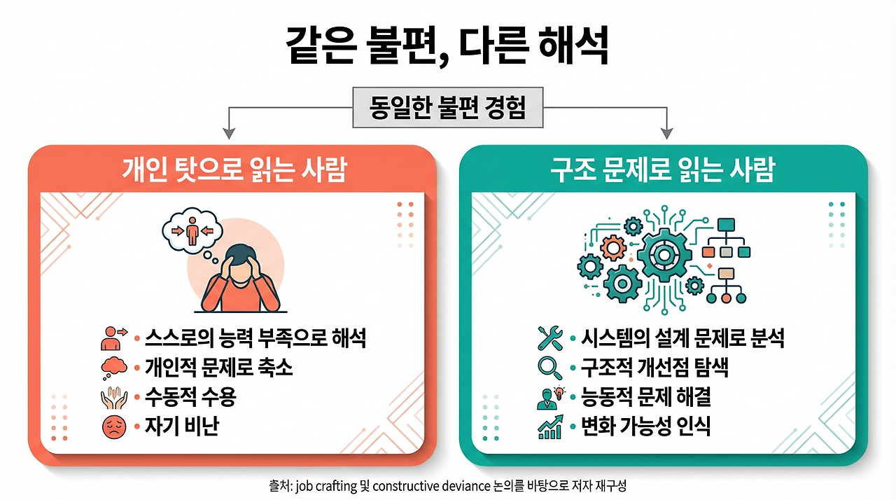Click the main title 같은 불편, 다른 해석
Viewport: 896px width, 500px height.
[x=448, y=47]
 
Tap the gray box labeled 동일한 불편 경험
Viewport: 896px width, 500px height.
[x=447, y=109]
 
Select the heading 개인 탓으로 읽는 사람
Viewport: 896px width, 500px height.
[x=234, y=170]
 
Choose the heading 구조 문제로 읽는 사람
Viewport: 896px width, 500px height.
[x=663, y=170]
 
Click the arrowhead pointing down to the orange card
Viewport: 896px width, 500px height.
[x=227, y=132]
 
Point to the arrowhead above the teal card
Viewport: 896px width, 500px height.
[x=667, y=132]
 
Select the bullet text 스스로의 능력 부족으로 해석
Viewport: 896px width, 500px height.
[x=255, y=339]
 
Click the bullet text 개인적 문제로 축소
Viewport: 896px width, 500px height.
[x=218, y=368]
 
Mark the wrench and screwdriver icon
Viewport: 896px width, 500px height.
[x=550, y=338]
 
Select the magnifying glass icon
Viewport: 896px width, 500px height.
[x=549, y=368]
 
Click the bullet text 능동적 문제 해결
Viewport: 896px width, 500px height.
[x=645, y=397]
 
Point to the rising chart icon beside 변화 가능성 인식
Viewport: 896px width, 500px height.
[x=550, y=427]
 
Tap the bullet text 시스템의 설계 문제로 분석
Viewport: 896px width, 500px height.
[x=682, y=339]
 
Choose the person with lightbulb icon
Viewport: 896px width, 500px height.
[x=549, y=397]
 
